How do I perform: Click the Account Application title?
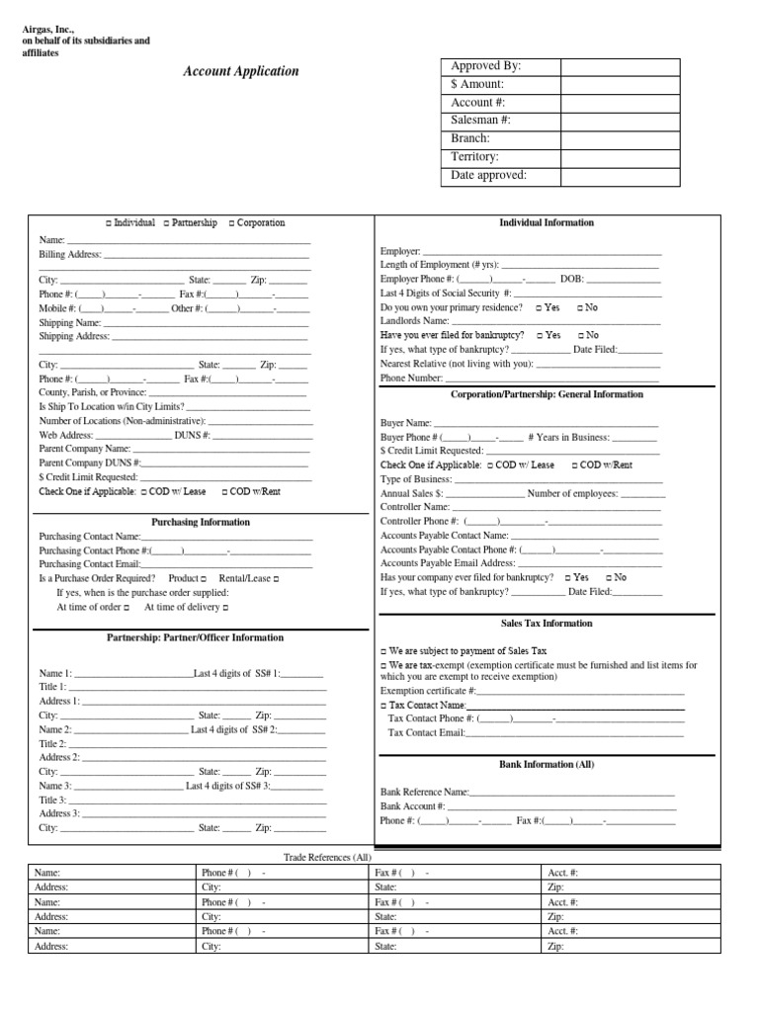[x=240, y=71]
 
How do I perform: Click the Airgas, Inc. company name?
[x=48, y=28]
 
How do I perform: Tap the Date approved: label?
[x=488, y=175]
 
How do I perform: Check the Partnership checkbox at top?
[x=166, y=223]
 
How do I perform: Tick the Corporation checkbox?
[x=231, y=223]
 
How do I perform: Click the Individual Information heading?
[x=547, y=222]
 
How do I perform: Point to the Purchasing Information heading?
[x=201, y=522]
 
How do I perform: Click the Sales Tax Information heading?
[x=547, y=624]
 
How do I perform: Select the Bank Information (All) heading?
[x=547, y=764]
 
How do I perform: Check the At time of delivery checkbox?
[x=225, y=607]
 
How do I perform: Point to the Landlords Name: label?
[x=415, y=321]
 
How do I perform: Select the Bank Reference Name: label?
[x=425, y=793]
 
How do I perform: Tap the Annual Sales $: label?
[x=412, y=493]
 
